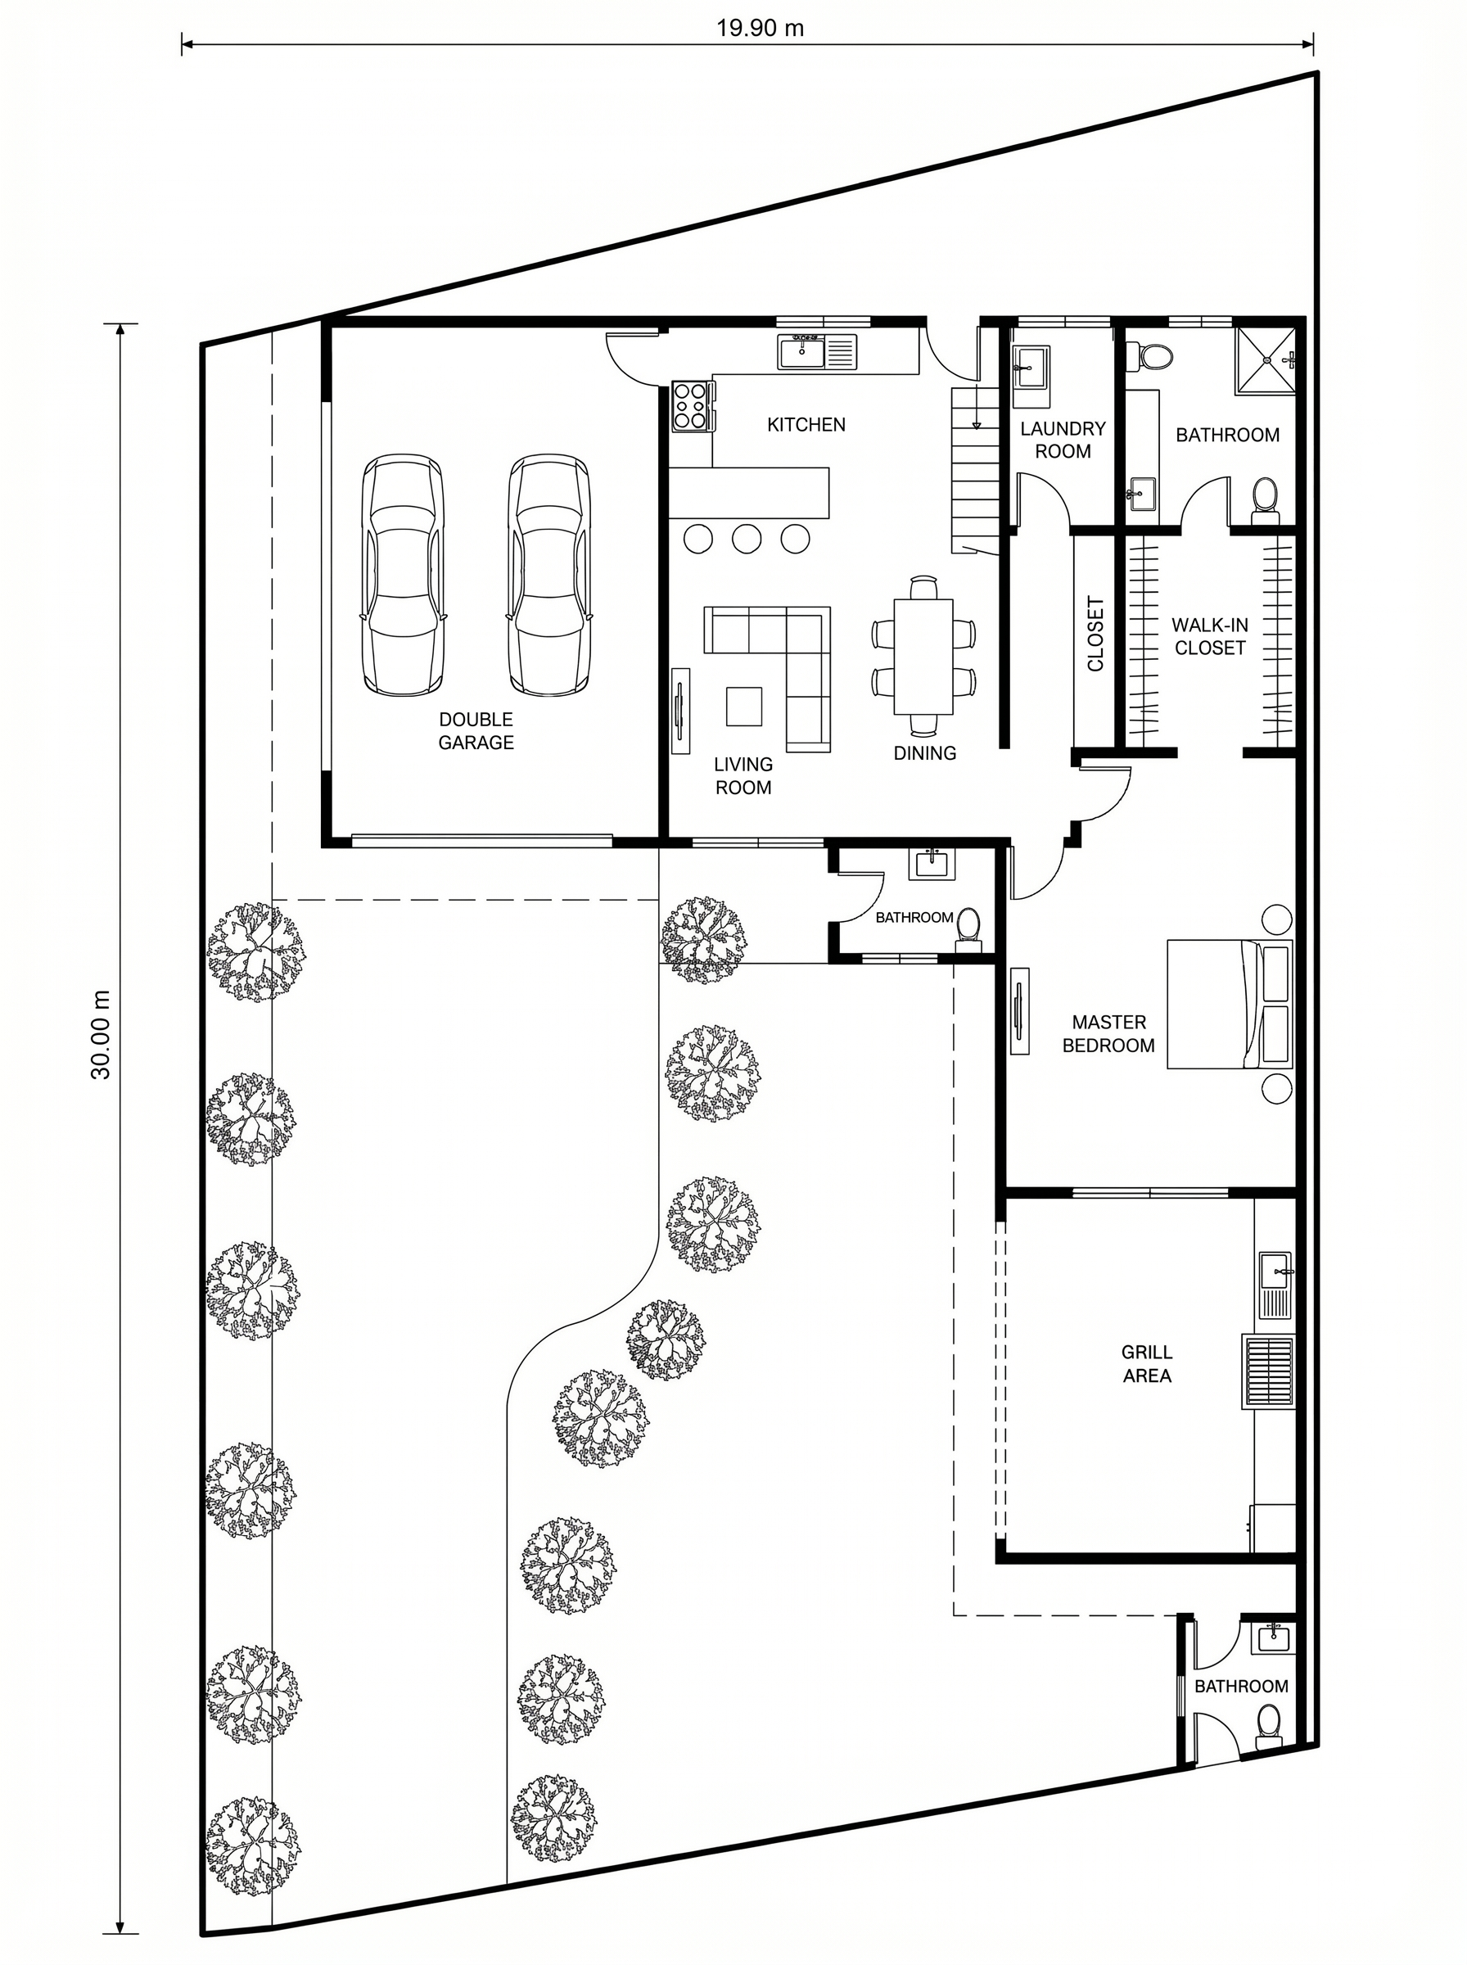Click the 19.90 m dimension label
tap(761, 28)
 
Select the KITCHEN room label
tap(806, 424)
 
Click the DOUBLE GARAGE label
tap(476, 731)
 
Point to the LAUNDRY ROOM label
tap(1063, 440)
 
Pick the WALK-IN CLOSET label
tap(1209, 637)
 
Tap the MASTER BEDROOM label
tap(1108, 1033)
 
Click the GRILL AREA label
tap(1146, 1364)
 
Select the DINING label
tap(924, 753)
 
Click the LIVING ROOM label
tap(743, 775)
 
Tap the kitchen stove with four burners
tap(692, 406)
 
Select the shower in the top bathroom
tap(1266, 359)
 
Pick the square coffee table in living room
tap(744, 707)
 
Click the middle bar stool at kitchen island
tap(746, 537)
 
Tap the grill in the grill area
tap(1268, 1371)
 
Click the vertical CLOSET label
tap(1095, 634)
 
